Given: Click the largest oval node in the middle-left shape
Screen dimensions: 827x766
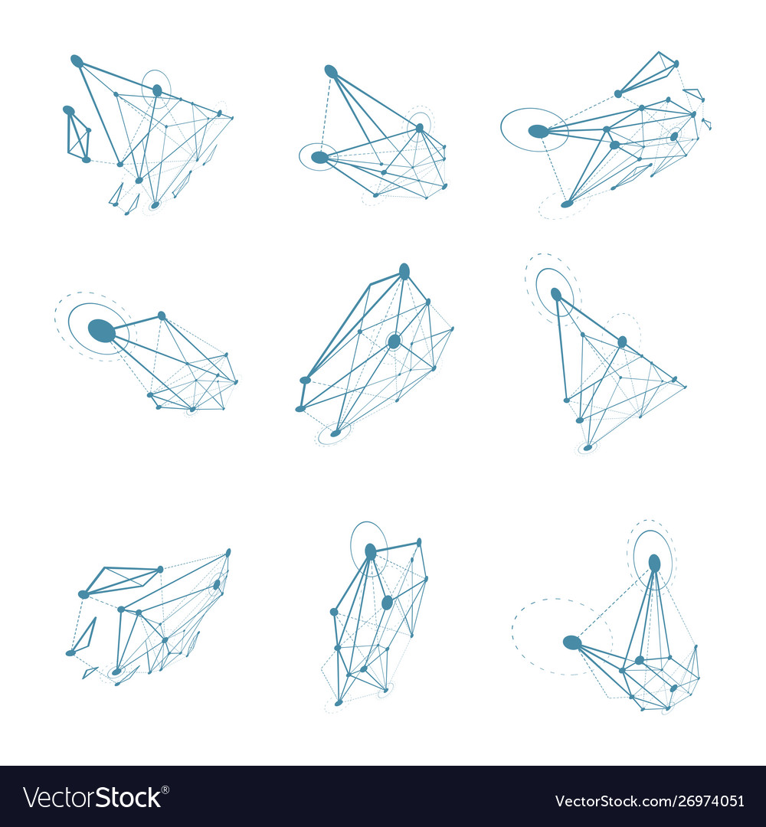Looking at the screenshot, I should [x=101, y=331].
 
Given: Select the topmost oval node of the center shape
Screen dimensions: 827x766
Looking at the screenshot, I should [x=404, y=271].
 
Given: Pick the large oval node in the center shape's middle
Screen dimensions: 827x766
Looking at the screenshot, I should [x=394, y=341].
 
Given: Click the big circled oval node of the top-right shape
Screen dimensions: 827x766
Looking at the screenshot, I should [x=538, y=131].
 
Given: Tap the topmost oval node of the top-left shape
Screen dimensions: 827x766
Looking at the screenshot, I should [x=77, y=60].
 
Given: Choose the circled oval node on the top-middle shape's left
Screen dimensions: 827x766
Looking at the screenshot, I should [x=319, y=157].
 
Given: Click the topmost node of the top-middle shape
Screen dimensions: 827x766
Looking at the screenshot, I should [x=331, y=71].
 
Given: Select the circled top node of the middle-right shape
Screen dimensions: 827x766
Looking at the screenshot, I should [x=556, y=294].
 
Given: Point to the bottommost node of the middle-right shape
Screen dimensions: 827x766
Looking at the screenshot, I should [x=588, y=447].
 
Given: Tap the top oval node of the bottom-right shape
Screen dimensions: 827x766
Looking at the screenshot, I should [x=654, y=564].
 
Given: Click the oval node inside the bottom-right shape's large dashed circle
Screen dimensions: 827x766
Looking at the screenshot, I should [x=572, y=642].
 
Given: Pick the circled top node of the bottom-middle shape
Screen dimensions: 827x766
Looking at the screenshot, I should [x=371, y=551].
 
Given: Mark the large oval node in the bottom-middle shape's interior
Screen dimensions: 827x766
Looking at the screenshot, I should [x=387, y=603].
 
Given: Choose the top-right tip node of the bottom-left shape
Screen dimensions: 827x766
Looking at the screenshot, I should [x=228, y=552].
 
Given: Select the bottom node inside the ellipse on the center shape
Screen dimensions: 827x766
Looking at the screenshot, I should [x=336, y=433].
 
